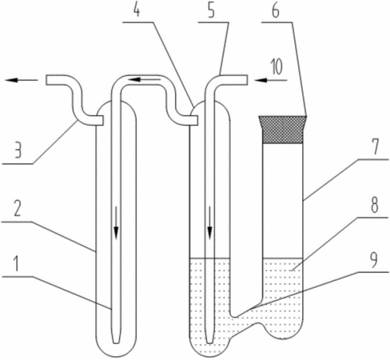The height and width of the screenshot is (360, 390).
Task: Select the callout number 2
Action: click(x=17, y=210)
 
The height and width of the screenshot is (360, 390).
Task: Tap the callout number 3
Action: click(x=18, y=150)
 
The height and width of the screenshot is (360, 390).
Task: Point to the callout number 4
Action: click(x=137, y=10)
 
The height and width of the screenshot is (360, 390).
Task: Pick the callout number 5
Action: click(x=211, y=10)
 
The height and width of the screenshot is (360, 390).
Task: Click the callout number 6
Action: click(x=276, y=10)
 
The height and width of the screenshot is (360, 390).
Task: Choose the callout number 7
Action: click(x=376, y=147)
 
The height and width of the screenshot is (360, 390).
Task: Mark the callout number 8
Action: click(x=375, y=206)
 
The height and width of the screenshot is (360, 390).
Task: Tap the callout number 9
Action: click(x=375, y=260)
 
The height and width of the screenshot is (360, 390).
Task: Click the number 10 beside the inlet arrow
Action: click(x=277, y=67)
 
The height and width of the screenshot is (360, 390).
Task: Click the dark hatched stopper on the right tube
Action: click(x=283, y=130)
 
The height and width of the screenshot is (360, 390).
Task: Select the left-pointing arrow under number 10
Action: click(x=270, y=80)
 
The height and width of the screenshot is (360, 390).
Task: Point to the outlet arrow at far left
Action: click(x=22, y=80)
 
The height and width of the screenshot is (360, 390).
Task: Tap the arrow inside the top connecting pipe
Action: click(x=144, y=79)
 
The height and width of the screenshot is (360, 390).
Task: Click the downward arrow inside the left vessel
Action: click(x=116, y=222)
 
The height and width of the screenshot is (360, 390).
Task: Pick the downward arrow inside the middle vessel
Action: click(x=210, y=222)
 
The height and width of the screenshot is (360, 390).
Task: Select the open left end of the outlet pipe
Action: click(x=46, y=80)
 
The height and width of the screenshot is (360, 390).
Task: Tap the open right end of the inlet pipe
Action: click(x=248, y=80)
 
